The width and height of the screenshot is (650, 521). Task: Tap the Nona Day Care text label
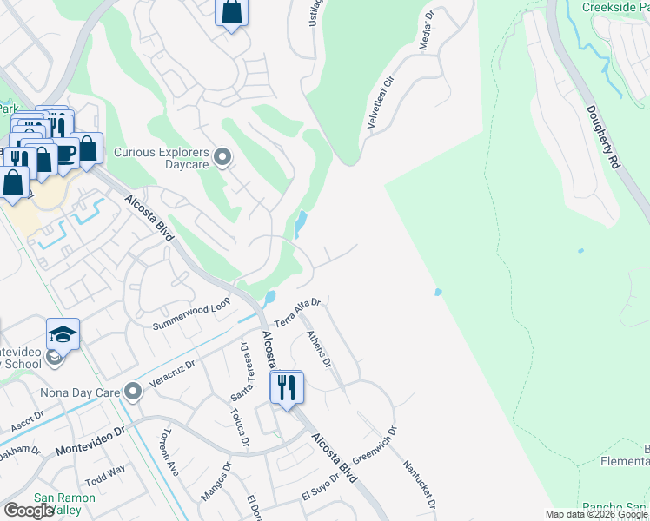(83, 392)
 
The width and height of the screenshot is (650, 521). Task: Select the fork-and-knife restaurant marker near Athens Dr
(287, 387)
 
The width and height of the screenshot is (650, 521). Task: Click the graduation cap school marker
(63, 335)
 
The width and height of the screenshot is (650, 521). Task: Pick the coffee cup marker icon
(66, 153)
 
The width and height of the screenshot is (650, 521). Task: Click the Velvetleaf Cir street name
(381, 103)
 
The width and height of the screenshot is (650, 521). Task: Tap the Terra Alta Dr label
(298, 313)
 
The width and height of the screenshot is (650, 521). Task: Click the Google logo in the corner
(28, 511)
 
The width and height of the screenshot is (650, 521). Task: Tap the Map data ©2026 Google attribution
(596, 515)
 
